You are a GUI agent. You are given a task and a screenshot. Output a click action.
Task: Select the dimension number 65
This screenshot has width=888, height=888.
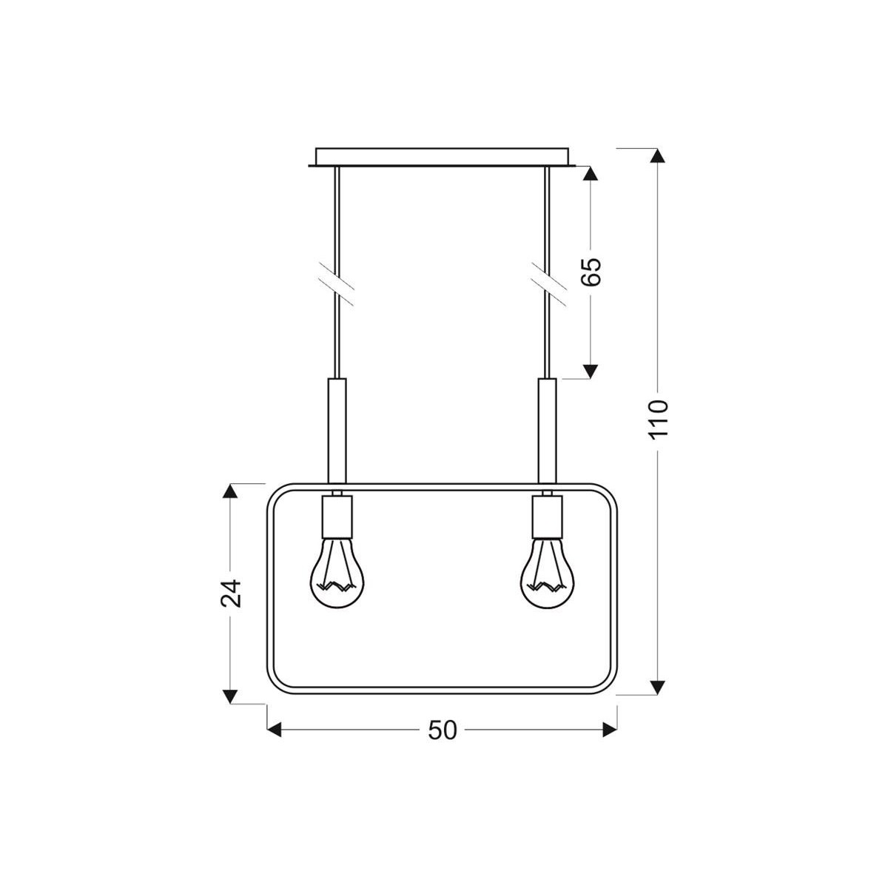pyautogui.click(x=591, y=272)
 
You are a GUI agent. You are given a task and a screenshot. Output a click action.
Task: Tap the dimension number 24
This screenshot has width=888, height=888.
pyautogui.click(x=232, y=592)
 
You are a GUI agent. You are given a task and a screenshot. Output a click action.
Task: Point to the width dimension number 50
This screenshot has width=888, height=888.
pyautogui.click(x=442, y=730)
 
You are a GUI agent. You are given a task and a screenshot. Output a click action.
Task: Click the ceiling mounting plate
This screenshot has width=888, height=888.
pyautogui.click(x=443, y=158)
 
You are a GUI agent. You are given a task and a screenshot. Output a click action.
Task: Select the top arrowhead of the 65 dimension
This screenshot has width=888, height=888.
pyautogui.click(x=590, y=173)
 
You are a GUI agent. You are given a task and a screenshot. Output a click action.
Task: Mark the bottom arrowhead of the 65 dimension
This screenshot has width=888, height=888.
pyautogui.click(x=590, y=371)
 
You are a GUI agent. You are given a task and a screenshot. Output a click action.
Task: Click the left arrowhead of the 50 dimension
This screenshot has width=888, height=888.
pyautogui.click(x=275, y=730)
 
